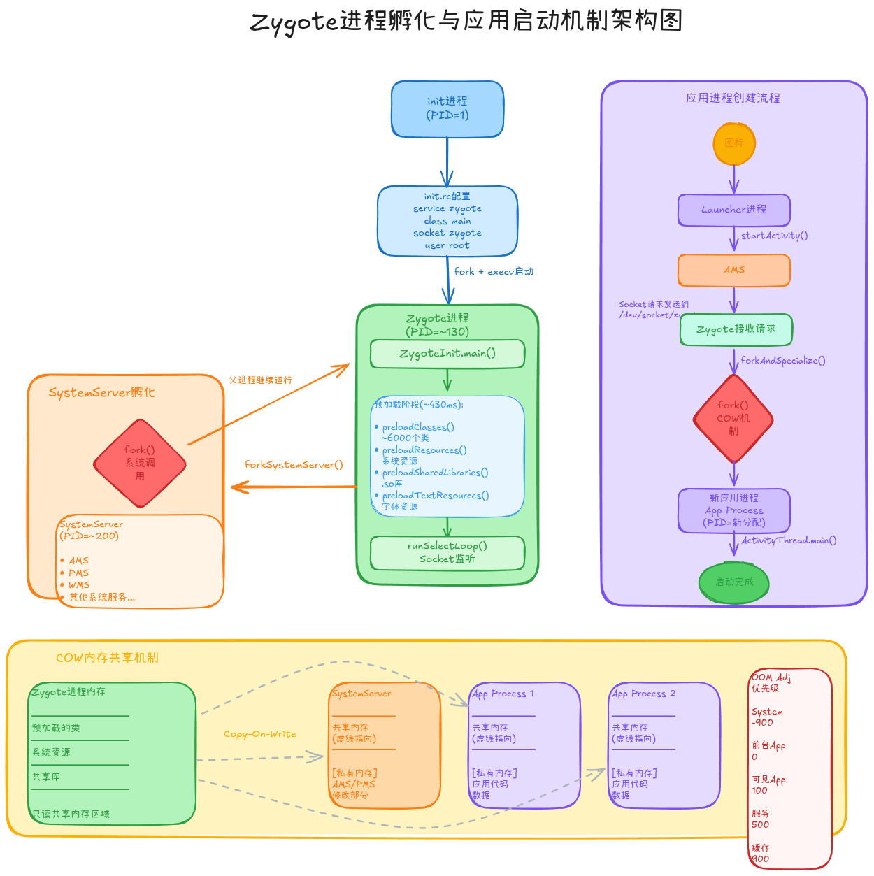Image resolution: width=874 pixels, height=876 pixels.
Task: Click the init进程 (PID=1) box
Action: pyautogui.click(x=447, y=108)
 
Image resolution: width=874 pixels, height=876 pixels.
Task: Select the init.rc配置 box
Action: pyautogui.click(x=447, y=221)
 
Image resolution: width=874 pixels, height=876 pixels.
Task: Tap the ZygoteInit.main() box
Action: pyautogui.click(x=447, y=354)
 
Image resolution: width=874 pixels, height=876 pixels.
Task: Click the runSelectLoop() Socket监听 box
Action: pyautogui.click(x=447, y=553)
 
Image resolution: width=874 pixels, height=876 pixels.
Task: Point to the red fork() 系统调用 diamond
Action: pyautogui.click(x=140, y=464)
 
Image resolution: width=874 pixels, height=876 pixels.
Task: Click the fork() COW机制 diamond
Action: pyautogui.click(x=733, y=419)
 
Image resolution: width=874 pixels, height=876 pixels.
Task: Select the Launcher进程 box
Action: pyautogui.click(x=734, y=210)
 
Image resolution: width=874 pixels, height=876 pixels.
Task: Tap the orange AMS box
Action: pyautogui.click(x=734, y=270)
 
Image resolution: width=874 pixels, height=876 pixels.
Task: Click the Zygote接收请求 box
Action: pyautogui.click(x=736, y=329)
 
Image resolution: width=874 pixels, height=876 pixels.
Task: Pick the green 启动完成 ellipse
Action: pyautogui.click(x=734, y=582)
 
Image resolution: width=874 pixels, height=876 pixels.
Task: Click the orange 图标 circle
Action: pyautogui.click(x=734, y=143)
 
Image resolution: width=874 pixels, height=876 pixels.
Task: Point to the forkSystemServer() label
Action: pyautogui.click(x=294, y=465)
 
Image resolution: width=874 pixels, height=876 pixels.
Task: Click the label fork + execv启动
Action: pyautogui.click(x=494, y=272)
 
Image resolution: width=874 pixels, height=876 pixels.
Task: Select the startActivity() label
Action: pyautogui.click(x=774, y=236)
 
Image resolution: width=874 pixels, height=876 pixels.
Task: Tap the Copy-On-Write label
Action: pyautogui.click(x=260, y=734)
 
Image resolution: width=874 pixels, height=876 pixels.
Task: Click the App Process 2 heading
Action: pyautogui.click(x=644, y=694)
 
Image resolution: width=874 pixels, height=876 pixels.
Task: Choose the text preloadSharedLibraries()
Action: pyautogui.click(x=435, y=473)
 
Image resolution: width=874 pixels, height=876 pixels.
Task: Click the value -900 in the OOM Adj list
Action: pyautogui.click(x=762, y=723)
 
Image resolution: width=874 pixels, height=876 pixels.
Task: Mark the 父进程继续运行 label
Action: pyautogui.click(x=261, y=380)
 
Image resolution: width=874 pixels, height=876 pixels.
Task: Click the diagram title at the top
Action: pyautogui.click(x=466, y=21)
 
